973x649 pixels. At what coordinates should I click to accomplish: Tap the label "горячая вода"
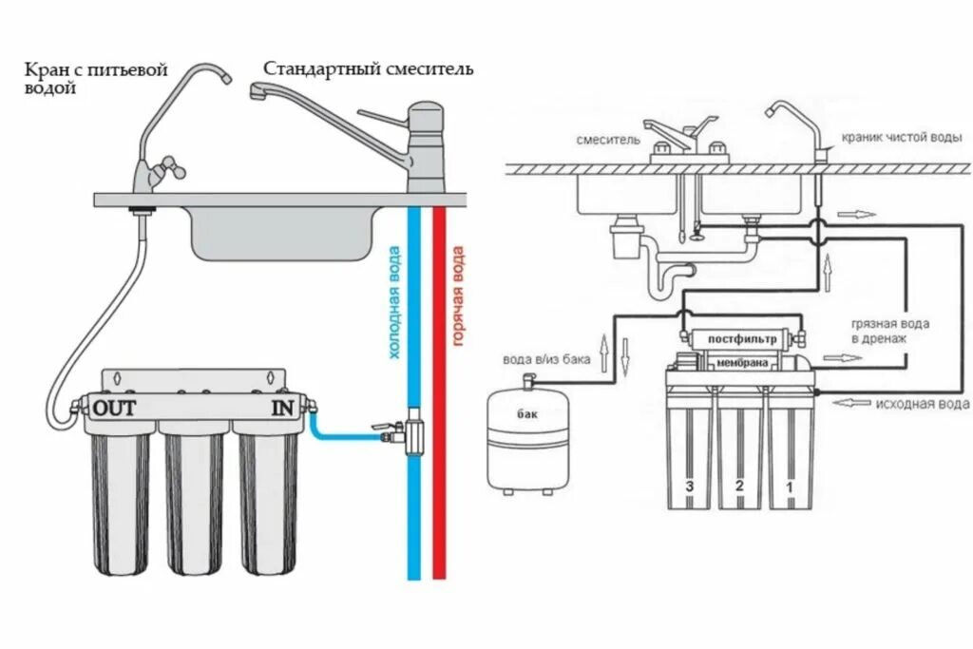point(457,296)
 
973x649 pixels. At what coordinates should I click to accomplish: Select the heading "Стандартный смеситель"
point(368,69)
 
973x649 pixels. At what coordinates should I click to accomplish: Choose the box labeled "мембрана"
point(742,362)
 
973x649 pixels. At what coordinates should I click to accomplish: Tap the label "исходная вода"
point(923,404)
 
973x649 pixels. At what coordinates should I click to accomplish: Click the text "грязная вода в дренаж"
point(890,331)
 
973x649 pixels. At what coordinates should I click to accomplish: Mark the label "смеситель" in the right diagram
point(603,140)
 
